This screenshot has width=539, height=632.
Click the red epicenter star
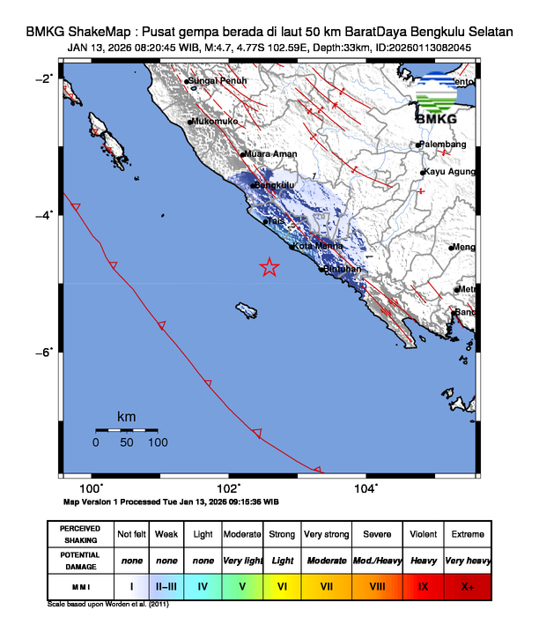(x=269, y=268)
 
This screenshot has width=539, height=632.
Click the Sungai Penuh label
(x=218, y=81)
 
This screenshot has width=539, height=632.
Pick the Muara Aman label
(x=270, y=154)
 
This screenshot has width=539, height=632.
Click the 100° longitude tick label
(x=92, y=487)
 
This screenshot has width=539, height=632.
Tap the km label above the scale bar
(x=127, y=416)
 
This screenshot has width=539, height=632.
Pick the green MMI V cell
(x=242, y=584)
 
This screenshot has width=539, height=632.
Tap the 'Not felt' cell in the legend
(x=132, y=534)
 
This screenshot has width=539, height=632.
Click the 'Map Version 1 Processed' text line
(x=172, y=502)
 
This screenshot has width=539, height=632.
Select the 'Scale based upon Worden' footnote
(x=107, y=605)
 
